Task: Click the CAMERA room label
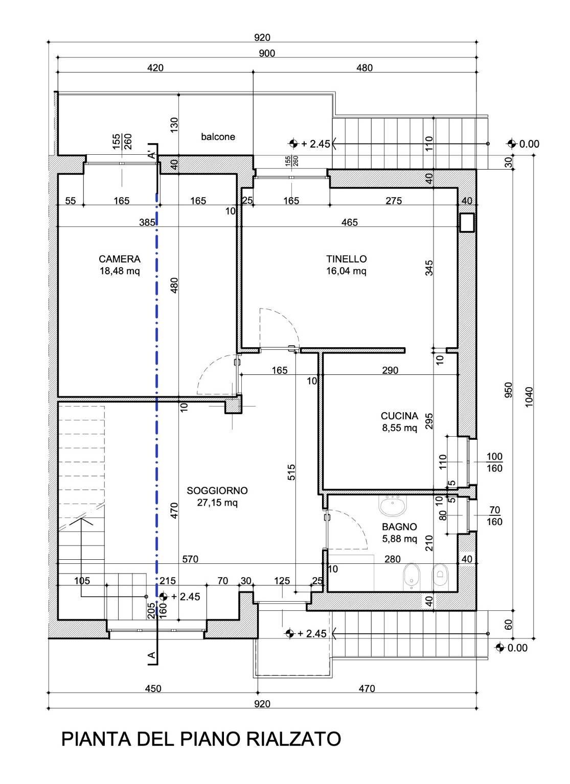pyautogui.click(x=120, y=259)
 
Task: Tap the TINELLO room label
pyautogui.click(x=346, y=259)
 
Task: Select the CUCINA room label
pyautogui.click(x=399, y=416)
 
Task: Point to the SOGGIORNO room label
pyautogui.click(x=217, y=491)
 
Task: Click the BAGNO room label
pyautogui.click(x=399, y=527)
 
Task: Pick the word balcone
pyautogui.click(x=218, y=137)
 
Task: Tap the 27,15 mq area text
pyautogui.click(x=217, y=503)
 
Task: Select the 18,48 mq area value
pyautogui.click(x=120, y=271)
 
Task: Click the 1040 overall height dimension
pyautogui.click(x=529, y=396)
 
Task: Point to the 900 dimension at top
pyautogui.click(x=267, y=53)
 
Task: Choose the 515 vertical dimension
pyautogui.click(x=291, y=470)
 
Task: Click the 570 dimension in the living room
pyautogui.click(x=190, y=559)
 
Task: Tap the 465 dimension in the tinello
pyautogui.click(x=350, y=222)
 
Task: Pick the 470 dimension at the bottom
pyautogui.click(x=367, y=688)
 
